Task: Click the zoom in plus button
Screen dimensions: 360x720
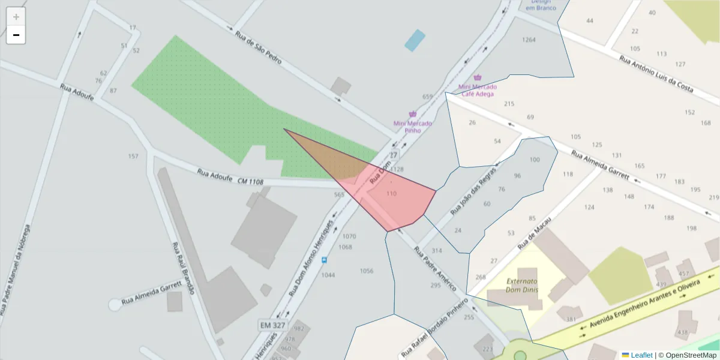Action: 16,17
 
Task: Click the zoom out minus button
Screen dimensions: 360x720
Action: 16,35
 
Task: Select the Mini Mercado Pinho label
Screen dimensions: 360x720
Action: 412,127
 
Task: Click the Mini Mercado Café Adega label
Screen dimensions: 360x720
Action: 478,90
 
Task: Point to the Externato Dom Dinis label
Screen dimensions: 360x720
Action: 521,286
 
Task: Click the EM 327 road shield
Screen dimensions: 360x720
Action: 273,325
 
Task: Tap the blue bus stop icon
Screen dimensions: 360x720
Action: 325,260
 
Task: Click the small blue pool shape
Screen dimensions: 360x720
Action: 415,40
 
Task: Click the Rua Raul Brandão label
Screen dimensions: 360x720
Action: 183,268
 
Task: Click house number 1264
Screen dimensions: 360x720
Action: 529,40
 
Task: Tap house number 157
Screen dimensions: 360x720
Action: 133,157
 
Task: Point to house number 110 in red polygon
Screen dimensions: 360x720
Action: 392,194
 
